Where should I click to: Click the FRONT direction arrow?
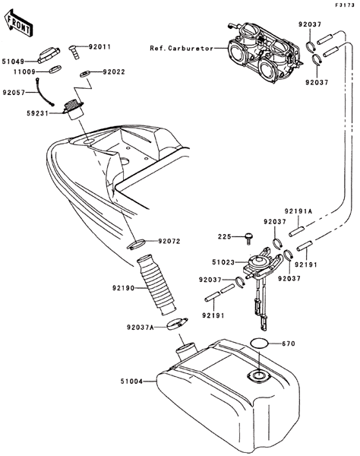18,23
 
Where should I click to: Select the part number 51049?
14,62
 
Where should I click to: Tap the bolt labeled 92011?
74,52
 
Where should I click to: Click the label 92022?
114,72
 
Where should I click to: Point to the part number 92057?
14,93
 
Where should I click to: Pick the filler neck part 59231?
73,109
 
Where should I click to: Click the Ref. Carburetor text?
182,49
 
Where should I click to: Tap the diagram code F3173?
345,5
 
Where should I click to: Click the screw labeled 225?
249,237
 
